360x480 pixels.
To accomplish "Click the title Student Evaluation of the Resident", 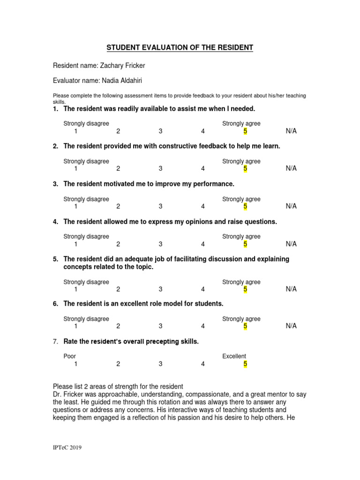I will pyautogui.click(x=180, y=48).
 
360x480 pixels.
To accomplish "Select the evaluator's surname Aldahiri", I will pyautogui.click(x=125, y=81).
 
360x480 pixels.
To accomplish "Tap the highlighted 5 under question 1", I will pyautogui.click(x=245, y=131).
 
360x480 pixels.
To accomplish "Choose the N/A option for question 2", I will pyautogui.click(x=291, y=168).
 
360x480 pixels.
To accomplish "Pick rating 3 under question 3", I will pyautogui.click(x=160, y=206).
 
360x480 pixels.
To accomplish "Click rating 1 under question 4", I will pyautogui.click(x=75, y=244).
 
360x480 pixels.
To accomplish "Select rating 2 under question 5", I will pyautogui.click(x=118, y=290).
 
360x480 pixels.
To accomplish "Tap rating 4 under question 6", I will pyautogui.click(x=203, y=326).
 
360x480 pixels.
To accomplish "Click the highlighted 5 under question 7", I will pyautogui.click(x=245, y=364).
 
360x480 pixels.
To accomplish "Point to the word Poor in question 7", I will pyautogui.click(x=70, y=356).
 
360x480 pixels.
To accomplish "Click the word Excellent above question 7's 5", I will pyautogui.click(x=234, y=356).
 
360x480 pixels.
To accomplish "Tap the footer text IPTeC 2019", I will pyautogui.click(x=67, y=448).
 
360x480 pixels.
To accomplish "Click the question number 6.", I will pyautogui.click(x=55, y=304).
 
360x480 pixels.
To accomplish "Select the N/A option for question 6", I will pyautogui.click(x=291, y=326).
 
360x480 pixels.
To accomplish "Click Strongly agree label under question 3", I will pyautogui.click(x=241, y=199).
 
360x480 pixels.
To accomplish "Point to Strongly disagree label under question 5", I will pyautogui.click(x=86, y=282).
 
